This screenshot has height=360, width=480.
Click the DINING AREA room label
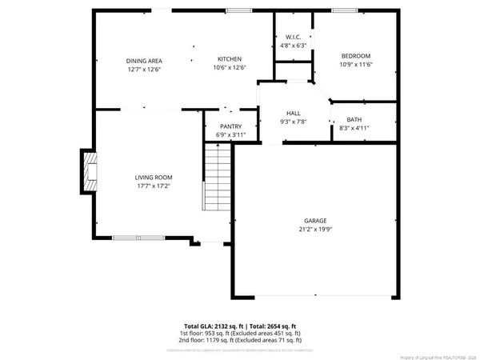tap(144, 60)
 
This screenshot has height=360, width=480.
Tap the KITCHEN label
tap(230, 59)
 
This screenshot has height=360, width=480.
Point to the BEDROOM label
tap(356, 55)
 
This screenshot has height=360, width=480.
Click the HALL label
tap(293, 114)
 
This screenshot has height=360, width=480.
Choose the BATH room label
tap(354, 119)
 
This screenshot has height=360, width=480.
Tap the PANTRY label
tap(230, 126)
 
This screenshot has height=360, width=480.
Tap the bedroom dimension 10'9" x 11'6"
tap(356, 64)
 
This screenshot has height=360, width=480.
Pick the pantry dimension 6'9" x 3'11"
tap(230, 134)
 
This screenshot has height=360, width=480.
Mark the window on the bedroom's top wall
tap(345, 10)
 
